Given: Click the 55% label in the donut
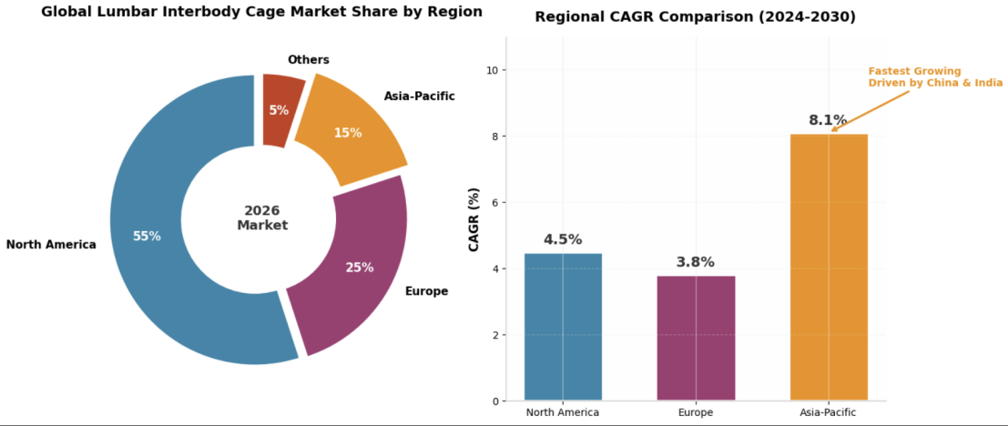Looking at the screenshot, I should [147, 236].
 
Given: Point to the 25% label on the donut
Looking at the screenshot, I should [359, 268].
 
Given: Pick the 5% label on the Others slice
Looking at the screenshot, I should [279, 110].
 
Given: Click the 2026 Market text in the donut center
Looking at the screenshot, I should [262, 218].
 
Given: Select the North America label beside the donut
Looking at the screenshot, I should [51, 245].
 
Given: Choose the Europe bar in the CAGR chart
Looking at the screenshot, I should [696, 337].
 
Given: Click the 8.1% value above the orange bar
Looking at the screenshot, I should [828, 120].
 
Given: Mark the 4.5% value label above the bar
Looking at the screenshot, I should [563, 239].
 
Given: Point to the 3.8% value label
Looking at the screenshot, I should [696, 262].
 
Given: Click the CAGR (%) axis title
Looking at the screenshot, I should [473, 219].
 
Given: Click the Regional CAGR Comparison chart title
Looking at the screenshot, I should [695, 17].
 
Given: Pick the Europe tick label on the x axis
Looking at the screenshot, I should [696, 412].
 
